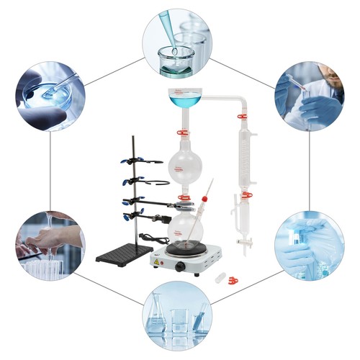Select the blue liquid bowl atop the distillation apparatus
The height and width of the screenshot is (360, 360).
click(186, 96)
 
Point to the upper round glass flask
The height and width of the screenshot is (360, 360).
click(185, 165)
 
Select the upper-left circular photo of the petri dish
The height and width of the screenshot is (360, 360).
click(50, 96)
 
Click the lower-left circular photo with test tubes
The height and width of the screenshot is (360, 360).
click(49, 244)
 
